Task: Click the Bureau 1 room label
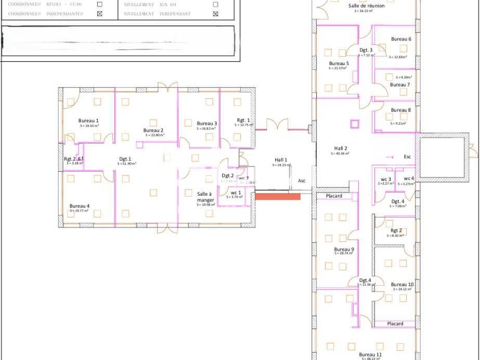[x=88, y=121]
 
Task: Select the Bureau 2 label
[x=153, y=130]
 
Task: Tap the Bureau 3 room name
[x=206, y=123]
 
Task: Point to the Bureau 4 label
[x=80, y=206]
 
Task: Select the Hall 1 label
[x=281, y=160]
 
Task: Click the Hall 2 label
[x=340, y=148]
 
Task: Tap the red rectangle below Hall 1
[x=278, y=196]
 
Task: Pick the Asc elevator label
[x=302, y=181]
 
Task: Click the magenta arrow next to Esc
[x=390, y=156]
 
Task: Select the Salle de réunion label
[x=366, y=6]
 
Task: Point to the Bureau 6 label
[x=401, y=39]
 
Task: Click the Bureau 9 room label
[x=344, y=249]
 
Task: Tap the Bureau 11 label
[x=371, y=354]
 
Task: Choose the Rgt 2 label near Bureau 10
[x=396, y=230]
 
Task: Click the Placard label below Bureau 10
[x=395, y=324]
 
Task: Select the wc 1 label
[x=236, y=192]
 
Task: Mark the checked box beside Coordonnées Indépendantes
[x=100, y=14]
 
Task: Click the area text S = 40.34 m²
[x=340, y=154]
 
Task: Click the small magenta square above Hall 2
[x=355, y=124]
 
